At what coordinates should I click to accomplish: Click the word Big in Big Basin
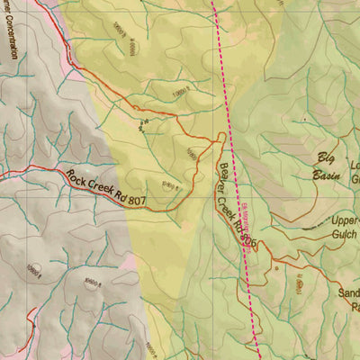[x=325, y=159]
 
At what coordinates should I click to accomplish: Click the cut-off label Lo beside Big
[x=354, y=166]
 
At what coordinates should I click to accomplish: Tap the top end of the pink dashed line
[x=213, y=3]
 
